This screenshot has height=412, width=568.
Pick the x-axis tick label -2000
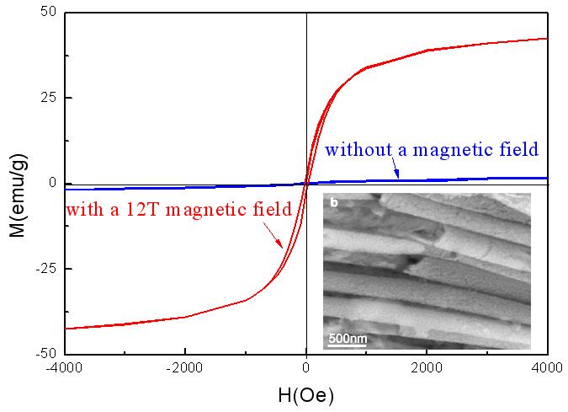coord(185,367)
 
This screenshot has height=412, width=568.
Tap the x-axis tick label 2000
coord(427,367)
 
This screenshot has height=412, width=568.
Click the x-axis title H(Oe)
coord(306,393)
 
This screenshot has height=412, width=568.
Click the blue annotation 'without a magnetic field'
coord(431,150)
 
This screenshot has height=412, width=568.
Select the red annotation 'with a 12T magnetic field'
coord(178,209)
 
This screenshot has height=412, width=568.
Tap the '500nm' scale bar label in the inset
coord(347,339)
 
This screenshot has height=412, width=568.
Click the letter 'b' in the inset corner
coord(333,202)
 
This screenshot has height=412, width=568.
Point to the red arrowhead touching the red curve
coord(281,246)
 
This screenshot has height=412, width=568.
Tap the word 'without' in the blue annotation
coord(353,150)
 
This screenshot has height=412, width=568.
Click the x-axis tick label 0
coord(306,367)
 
